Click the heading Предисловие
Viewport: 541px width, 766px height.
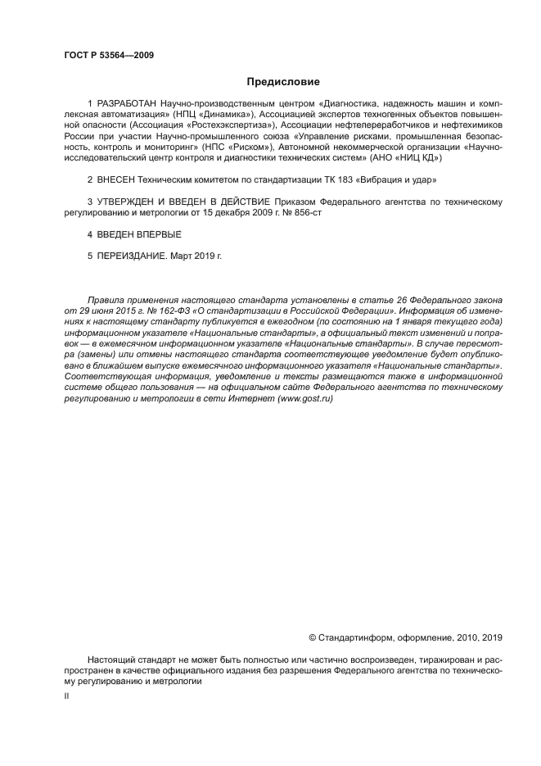283,82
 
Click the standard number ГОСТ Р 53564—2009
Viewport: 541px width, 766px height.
109,55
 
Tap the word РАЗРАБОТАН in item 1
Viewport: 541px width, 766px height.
128,105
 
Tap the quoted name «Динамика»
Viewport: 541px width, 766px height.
230,116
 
